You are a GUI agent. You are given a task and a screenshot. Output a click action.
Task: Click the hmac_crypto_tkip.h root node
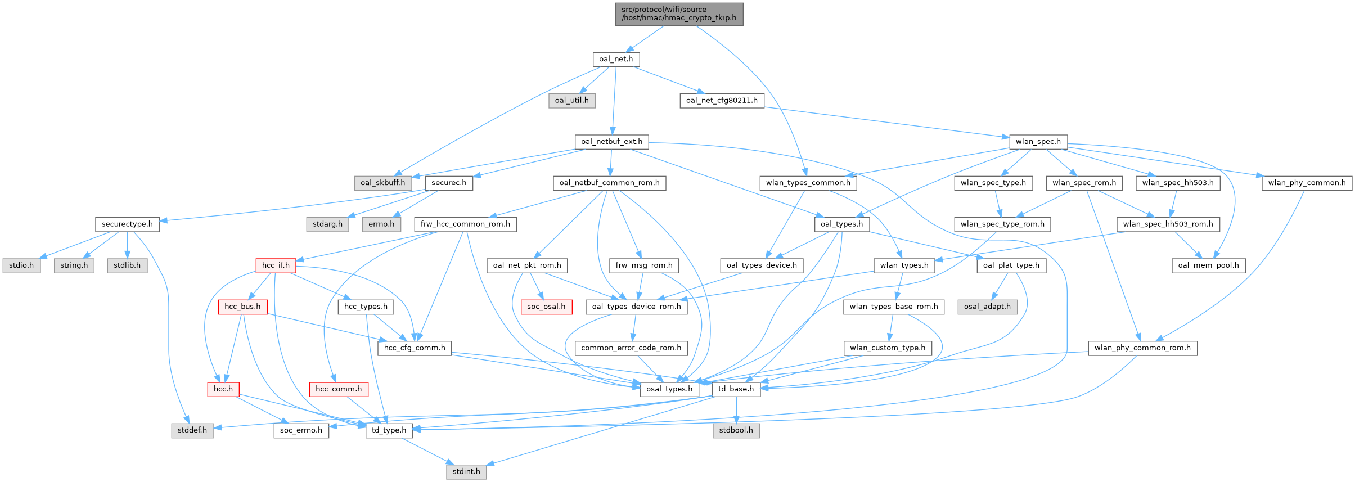coord(679,14)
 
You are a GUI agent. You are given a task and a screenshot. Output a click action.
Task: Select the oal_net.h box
coord(616,59)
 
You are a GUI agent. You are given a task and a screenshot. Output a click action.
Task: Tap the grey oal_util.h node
coord(571,100)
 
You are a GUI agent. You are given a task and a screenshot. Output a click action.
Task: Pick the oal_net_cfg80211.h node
coord(722,100)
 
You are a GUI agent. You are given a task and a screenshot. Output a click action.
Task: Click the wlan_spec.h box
coord(1038,141)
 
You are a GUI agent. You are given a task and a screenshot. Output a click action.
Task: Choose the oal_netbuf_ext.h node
coord(611,141)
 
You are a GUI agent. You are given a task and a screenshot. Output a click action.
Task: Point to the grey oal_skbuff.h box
coord(382,183)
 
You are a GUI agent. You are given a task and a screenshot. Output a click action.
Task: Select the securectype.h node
coord(127,224)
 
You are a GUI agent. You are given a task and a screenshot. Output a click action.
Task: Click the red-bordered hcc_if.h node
coord(276,265)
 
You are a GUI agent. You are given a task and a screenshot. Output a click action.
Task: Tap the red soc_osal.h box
coord(546,307)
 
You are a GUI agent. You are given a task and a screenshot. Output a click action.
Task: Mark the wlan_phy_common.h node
coord(1307,183)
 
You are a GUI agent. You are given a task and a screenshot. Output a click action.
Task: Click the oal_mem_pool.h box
coord(1208,265)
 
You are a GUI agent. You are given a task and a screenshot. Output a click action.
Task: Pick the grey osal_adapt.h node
coord(987,307)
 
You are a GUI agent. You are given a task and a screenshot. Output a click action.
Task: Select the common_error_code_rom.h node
coord(631,348)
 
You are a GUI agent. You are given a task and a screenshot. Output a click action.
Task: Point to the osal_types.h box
coord(669,389)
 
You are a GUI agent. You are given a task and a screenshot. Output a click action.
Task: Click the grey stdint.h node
coord(466,471)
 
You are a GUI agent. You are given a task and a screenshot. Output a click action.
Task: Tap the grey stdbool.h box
coord(736,430)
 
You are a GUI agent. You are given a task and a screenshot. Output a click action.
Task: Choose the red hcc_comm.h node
coord(339,389)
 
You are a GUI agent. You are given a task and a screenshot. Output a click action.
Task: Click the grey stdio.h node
coord(21,265)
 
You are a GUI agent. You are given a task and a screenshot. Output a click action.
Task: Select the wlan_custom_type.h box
coord(888,348)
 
